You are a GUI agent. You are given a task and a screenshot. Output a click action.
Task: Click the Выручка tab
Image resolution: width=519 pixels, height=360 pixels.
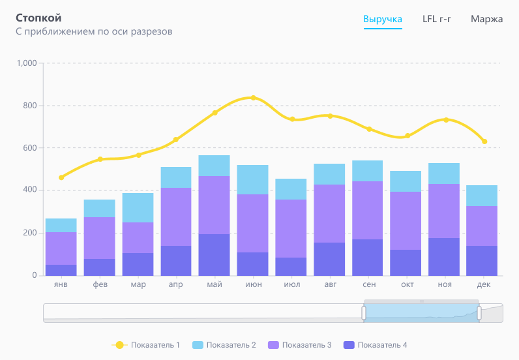(383, 19)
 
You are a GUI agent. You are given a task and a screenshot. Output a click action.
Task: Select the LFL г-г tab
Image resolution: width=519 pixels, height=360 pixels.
(437, 19)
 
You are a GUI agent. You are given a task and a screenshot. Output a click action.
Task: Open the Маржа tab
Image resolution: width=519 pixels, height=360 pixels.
(486, 19)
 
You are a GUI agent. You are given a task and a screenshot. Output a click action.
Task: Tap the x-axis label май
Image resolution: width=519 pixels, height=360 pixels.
(214, 285)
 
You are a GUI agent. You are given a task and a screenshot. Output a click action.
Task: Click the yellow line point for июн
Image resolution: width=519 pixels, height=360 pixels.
(253, 98)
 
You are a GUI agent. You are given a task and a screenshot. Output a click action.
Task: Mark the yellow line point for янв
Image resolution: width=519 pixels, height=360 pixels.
(61, 177)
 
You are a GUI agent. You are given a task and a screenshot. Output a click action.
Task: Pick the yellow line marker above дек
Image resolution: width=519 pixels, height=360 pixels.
(484, 142)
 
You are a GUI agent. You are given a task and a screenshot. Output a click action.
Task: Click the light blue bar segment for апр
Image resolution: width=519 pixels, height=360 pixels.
(176, 177)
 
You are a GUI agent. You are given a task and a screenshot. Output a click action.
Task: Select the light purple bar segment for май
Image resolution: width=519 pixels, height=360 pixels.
(215, 205)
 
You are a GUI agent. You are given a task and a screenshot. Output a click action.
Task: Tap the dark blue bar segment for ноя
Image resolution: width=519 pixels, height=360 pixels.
(444, 256)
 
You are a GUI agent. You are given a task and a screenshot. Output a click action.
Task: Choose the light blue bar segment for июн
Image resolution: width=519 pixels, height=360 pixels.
(252, 179)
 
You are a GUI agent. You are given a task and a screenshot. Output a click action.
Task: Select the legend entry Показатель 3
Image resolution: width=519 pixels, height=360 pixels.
(300, 345)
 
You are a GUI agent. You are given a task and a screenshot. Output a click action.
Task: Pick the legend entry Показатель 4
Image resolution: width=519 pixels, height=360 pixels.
(376, 345)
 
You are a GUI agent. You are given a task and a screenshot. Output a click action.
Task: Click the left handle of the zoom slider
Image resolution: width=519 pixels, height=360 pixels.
(364, 313)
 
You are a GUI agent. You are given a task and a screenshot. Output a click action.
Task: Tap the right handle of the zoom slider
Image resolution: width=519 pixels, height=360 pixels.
(479, 313)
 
